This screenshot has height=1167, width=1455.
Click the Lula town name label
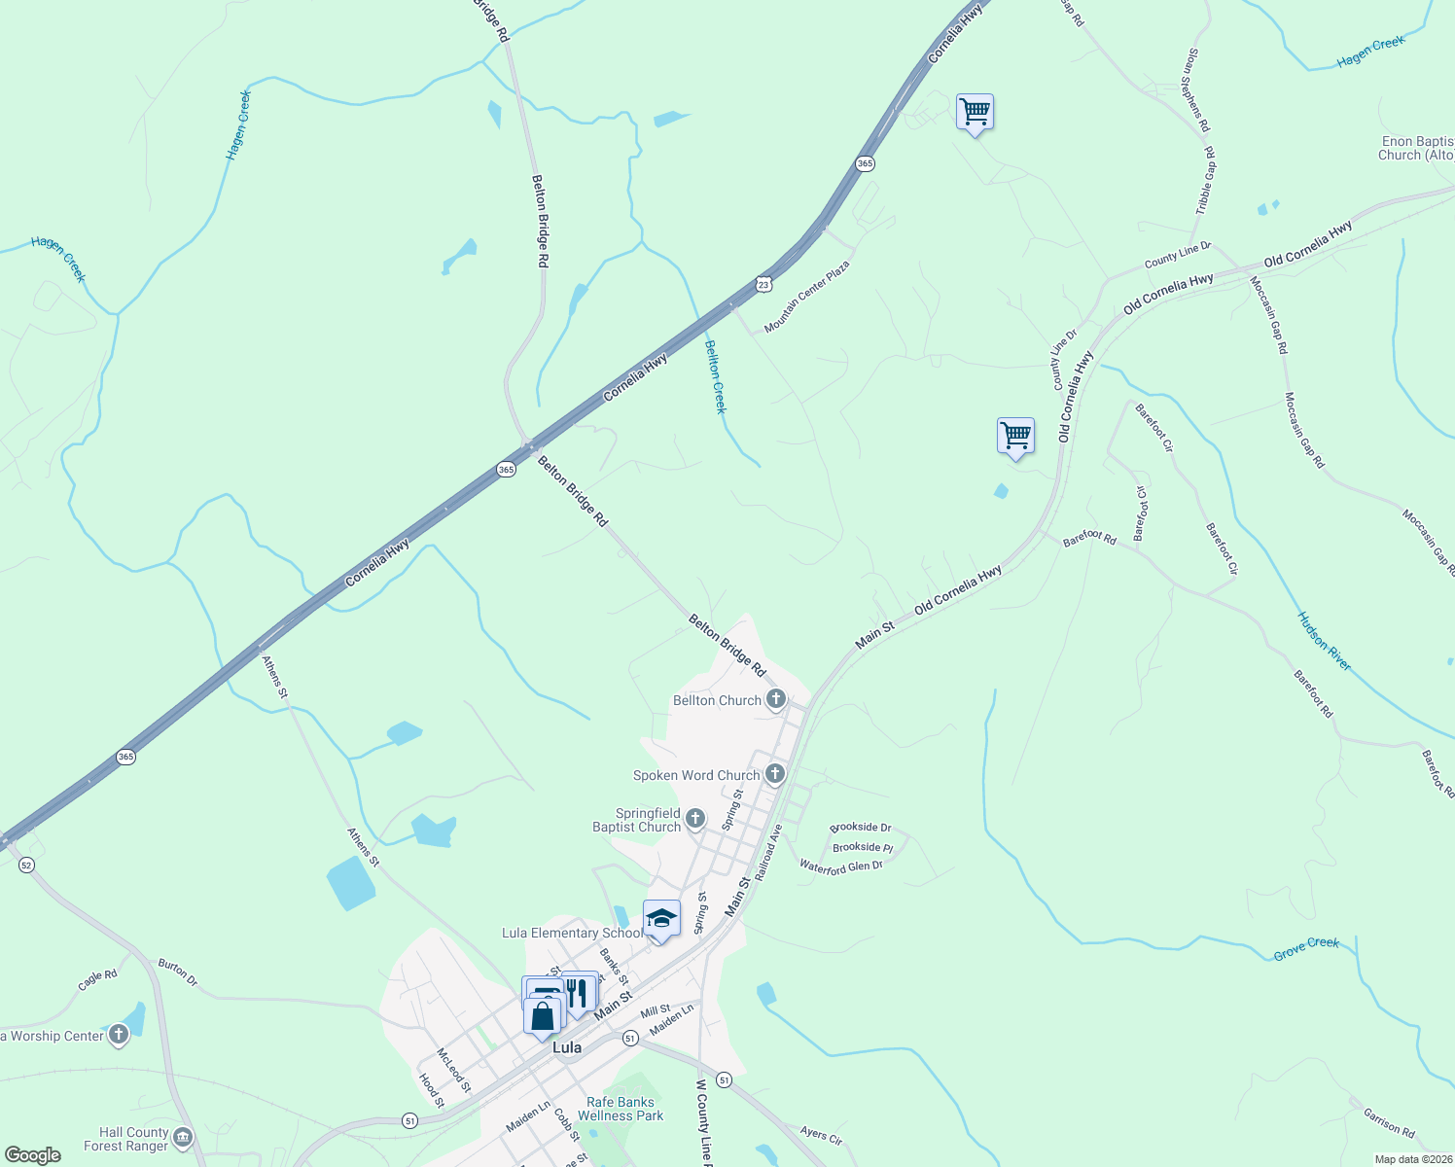[566, 1047]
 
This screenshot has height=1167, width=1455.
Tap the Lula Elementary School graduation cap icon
[661, 919]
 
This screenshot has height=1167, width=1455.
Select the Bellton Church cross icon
[775, 699]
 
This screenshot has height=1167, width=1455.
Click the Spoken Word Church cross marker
[774, 774]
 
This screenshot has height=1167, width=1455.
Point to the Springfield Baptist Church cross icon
[694, 818]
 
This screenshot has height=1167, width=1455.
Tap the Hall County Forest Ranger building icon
[182, 1137]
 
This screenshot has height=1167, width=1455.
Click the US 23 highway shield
[763, 284]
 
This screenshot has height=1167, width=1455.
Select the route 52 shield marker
[26, 865]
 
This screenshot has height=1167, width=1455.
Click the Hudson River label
[1325, 641]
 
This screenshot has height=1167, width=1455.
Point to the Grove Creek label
[1306, 948]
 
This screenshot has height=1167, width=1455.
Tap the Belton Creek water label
[715, 376]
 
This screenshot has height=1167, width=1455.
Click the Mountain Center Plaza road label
[806, 296]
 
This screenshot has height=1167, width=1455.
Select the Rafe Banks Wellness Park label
[621, 1109]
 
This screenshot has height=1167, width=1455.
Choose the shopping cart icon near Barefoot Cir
[1015, 436]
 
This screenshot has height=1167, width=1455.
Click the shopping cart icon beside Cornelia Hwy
[975, 112]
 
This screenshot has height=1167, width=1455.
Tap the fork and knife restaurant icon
[578, 992]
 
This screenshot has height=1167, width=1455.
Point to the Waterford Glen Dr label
[840, 866]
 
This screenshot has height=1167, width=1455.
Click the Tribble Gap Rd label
[1206, 180]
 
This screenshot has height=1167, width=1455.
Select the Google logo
[33, 1155]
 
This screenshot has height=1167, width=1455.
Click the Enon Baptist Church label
[1417, 148]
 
